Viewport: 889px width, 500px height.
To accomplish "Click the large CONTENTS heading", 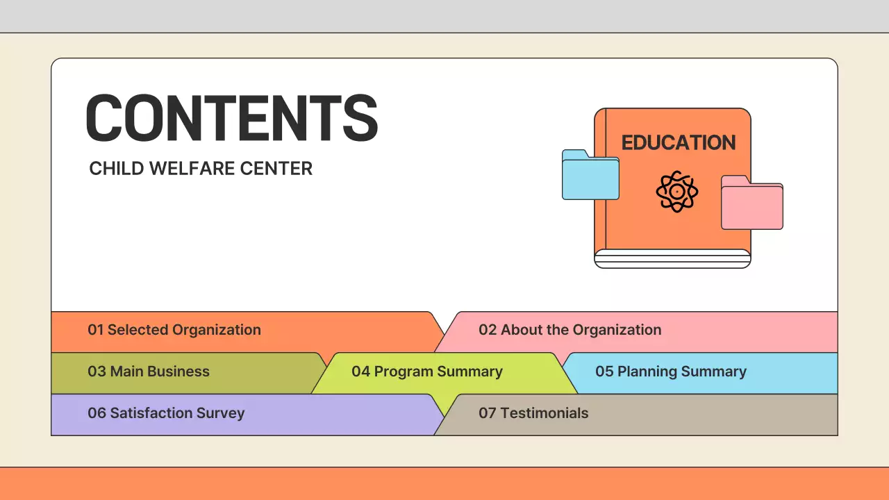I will [232, 119].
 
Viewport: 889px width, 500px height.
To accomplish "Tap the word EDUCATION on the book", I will [678, 143].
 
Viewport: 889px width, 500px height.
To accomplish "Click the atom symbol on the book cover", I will [676, 191].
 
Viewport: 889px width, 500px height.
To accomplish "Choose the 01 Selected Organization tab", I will [174, 331].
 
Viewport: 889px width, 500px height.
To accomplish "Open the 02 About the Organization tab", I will [570, 331].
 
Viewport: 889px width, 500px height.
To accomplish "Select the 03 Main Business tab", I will [149, 372].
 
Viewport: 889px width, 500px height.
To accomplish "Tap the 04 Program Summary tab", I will [426, 372].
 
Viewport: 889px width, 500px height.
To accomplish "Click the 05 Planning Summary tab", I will [670, 372].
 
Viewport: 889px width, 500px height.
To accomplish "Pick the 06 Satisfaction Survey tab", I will [166, 413].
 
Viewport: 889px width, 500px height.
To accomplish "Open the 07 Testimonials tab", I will [533, 413].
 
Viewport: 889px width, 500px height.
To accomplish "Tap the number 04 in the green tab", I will [360, 372].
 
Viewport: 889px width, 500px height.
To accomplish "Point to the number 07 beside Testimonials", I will [487, 413].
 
